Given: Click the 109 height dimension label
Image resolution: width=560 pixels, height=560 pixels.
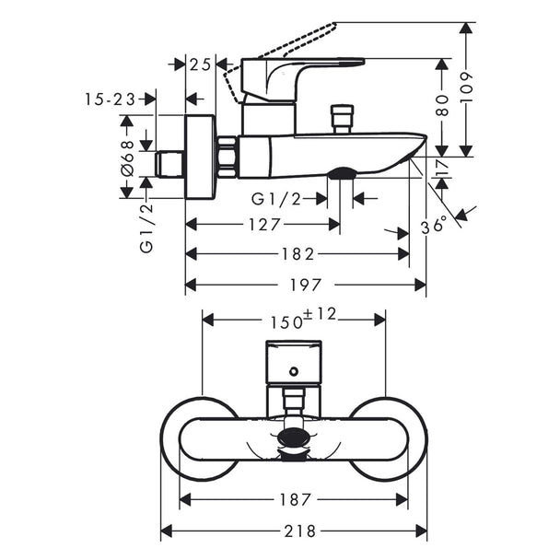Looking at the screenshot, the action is [466, 87].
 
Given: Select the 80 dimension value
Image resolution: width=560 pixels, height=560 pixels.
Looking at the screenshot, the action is [442, 106].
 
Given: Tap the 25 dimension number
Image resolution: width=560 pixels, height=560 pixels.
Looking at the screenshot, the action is [201, 65].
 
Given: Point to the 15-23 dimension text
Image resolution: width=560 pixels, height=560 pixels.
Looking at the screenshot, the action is [110, 99].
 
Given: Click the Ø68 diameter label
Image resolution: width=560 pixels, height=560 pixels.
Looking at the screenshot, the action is [127, 158].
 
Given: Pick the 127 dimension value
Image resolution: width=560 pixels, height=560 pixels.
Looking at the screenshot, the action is [264, 225].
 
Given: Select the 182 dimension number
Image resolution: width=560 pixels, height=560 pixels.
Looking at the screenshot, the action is [297, 254].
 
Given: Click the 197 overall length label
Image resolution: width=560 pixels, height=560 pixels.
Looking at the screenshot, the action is [306, 285].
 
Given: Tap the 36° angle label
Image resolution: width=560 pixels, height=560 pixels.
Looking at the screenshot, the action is [434, 226].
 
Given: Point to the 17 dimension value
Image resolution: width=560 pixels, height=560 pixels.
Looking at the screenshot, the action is [442, 168].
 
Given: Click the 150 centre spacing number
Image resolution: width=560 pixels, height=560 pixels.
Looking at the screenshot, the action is [286, 322].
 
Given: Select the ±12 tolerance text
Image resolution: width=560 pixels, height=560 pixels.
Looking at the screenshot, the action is [320, 314].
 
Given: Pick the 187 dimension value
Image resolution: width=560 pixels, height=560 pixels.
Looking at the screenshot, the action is [295, 500].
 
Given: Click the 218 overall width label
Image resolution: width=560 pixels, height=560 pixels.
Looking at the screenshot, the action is [300, 531].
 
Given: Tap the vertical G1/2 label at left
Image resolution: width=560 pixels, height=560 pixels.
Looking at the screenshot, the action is [146, 227].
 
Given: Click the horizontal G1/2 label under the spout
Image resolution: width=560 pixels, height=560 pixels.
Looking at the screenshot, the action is [276, 199].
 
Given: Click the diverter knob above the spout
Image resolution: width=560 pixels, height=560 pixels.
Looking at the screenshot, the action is [342, 119].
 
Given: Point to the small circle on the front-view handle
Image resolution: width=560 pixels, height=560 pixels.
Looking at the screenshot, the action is [294, 372].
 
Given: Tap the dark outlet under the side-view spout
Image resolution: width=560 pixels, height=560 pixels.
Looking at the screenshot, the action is [342, 173].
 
